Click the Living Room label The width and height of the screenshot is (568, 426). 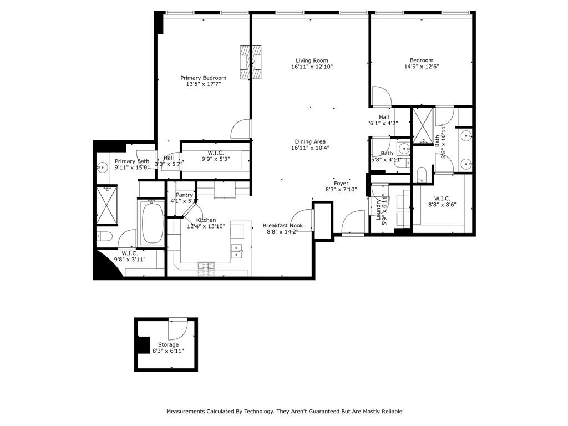(x=311, y=60)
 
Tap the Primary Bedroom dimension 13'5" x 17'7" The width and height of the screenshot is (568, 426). (x=203, y=84)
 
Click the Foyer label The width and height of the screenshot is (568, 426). (x=341, y=183)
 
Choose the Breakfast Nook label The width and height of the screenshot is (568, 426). (x=282, y=225)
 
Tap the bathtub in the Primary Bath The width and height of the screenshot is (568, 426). (x=151, y=224)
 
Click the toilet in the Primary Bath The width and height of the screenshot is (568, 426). (x=105, y=237)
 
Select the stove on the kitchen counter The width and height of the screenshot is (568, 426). (x=207, y=267)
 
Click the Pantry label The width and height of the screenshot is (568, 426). (x=184, y=195)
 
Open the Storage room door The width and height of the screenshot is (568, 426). (x=179, y=329)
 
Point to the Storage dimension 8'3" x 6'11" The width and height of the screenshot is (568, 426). (x=168, y=351)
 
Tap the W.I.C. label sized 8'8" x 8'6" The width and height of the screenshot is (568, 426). (x=442, y=198)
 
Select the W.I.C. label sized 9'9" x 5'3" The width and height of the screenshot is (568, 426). (x=215, y=153)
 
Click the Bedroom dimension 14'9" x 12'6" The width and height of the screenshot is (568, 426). (x=422, y=67)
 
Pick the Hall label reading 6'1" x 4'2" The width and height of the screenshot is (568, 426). (x=384, y=117)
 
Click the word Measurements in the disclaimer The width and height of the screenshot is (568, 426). (x=188, y=412)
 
